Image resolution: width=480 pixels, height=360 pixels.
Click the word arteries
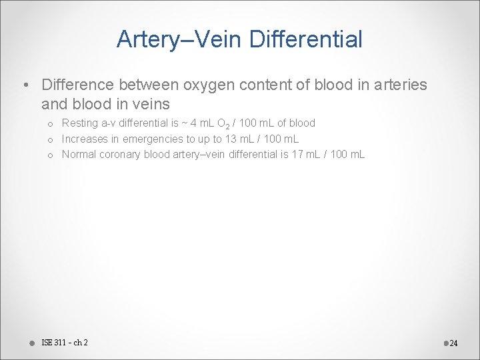coord(397,85)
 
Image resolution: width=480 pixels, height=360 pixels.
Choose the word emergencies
coord(169,139)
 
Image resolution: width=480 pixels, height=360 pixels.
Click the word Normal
coord(79,155)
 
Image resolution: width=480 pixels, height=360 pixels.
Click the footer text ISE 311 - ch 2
coord(65,343)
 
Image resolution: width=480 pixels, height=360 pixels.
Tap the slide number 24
coord(454,343)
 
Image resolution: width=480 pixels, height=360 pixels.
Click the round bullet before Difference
coord(25,85)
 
